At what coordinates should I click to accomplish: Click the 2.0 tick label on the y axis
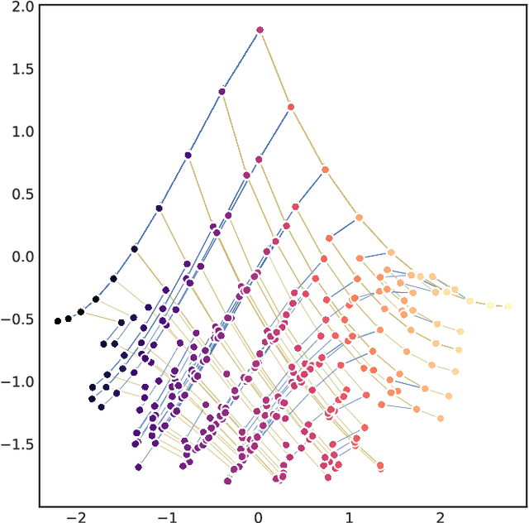coord(22,7)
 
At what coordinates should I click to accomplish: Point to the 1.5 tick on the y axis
coord(22,69)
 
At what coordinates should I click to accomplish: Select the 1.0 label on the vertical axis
coord(22,132)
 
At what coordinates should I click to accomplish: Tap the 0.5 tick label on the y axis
coord(22,194)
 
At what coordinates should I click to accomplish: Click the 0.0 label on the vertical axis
coord(22,257)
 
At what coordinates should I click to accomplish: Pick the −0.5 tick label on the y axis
coord(19,319)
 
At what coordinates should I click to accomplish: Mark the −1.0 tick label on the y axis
coord(19,382)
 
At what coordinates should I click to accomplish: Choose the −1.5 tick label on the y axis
coord(19,444)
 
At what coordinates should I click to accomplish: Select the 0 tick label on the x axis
coord(259,517)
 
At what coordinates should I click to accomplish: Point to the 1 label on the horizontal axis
coord(350,517)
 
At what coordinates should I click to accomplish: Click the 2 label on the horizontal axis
coord(441,517)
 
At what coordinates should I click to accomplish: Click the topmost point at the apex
coord(260,30)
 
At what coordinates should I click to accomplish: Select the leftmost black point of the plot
coord(58,321)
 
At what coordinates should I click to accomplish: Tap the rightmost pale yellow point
coord(508,306)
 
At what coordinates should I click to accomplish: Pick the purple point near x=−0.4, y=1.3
coord(222,92)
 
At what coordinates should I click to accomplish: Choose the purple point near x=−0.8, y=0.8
coord(188,155)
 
